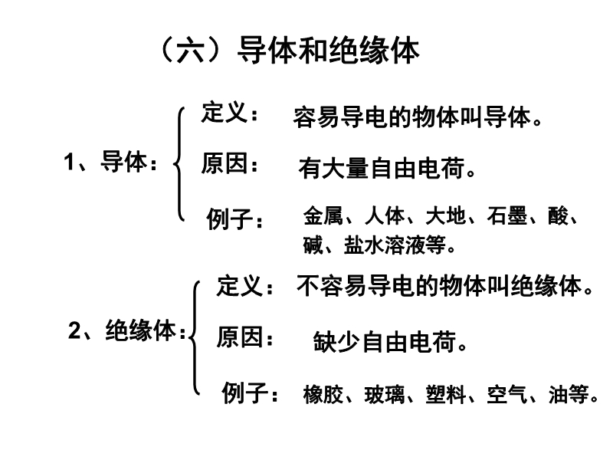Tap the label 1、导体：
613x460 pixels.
110,161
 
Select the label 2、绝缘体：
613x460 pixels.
127,330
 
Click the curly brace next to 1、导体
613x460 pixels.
179,164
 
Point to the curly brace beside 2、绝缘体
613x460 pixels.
195,337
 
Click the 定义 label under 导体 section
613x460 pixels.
229,112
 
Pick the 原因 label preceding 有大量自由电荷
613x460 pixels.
229,163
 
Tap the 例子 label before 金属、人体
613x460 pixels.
234,219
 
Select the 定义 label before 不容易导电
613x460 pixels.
244,285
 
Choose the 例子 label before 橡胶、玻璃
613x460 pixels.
251,393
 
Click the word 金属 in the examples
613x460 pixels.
323,215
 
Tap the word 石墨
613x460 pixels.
507,215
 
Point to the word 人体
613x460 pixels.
385,215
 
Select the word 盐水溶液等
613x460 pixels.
395,245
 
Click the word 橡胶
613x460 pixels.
323,394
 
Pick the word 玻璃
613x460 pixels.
385,394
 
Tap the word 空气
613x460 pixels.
507,394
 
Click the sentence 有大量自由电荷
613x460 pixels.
382,168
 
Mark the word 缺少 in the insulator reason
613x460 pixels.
336,342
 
